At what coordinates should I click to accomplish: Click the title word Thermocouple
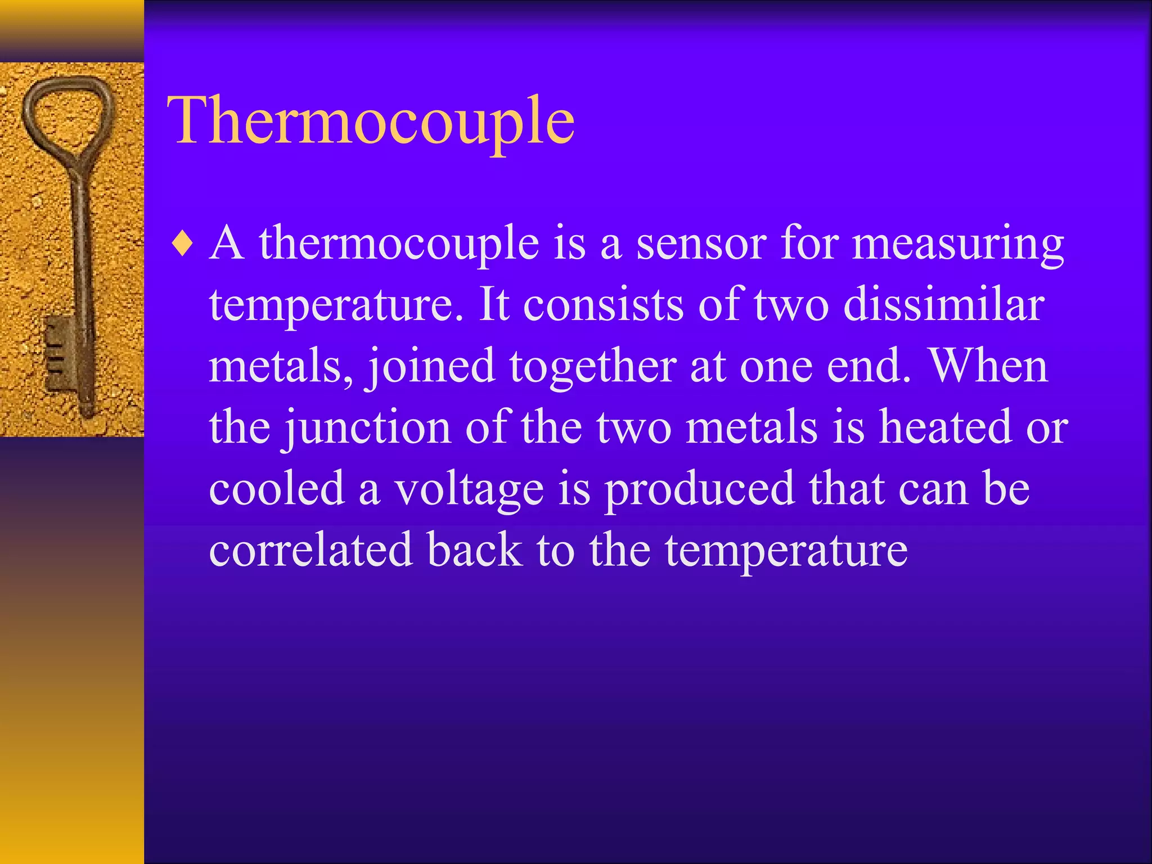[x=371, y=121]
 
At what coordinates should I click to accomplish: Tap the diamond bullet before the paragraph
[x=183, y=245]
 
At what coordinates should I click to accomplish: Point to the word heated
[x=946, y=427]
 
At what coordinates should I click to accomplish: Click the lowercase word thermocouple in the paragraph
[x=399, y=245]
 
